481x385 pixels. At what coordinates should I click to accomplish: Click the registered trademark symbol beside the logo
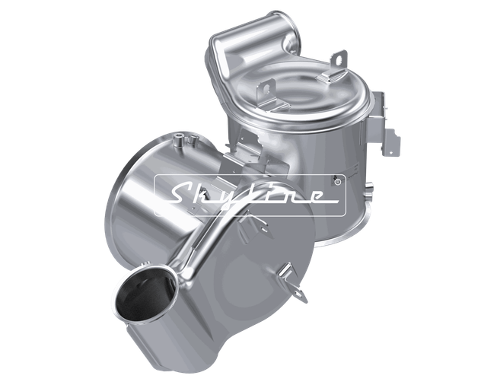[x=337, y=183]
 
